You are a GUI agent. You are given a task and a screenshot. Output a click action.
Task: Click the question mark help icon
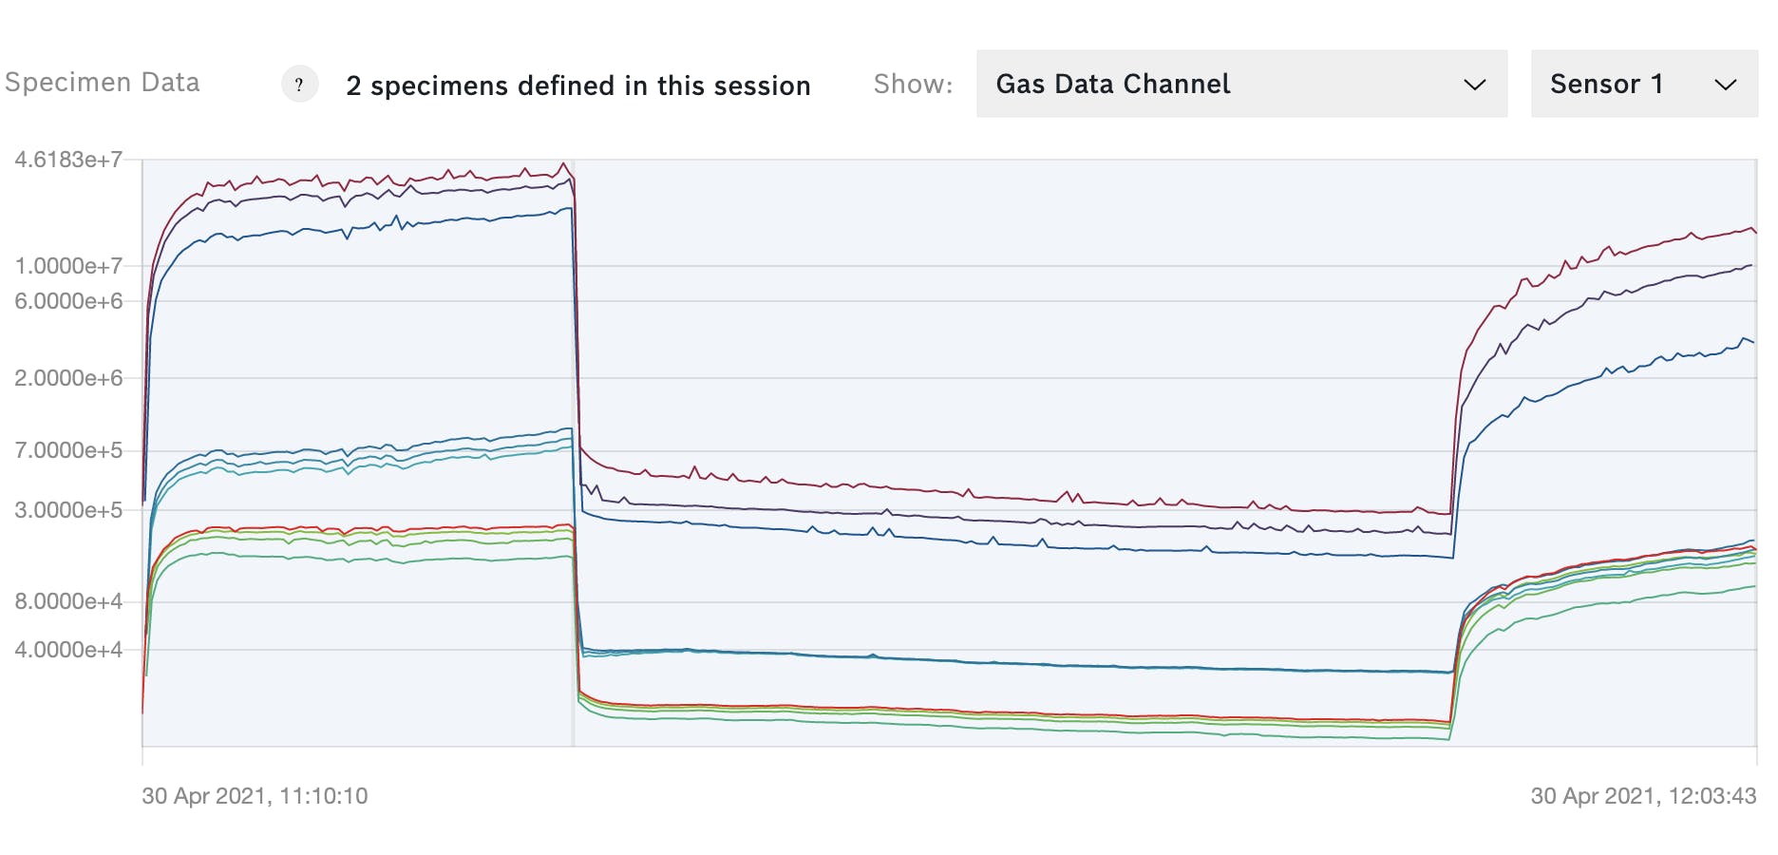pyautogui.click(x=299, y=85)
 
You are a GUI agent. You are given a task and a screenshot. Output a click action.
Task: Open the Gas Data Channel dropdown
pyautogui.click(x=1240, y=84)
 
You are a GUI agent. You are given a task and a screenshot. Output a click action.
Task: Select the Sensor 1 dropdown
pyautogui.click(x=1643, y=84)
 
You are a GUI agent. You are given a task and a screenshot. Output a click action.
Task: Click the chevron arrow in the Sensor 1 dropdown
pyautogui.click(x=1725, y=85)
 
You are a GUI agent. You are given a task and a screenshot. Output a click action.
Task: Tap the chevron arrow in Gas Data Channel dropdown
pyautogui.click(x=1474, y=85)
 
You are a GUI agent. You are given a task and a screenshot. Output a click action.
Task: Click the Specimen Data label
pyautogui.click(x=103, y=83)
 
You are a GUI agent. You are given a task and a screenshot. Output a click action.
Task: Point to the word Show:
pyautogui.click(x=913, y=85)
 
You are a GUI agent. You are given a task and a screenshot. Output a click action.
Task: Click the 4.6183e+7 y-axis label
pyautogui.click(x=68, y=160)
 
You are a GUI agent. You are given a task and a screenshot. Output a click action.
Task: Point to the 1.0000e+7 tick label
pyautogui.click(x=68, y=266)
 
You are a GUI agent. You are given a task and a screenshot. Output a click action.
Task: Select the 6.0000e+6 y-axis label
pyautogui.click(x=68, y=301)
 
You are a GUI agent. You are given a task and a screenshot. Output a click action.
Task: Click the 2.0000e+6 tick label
pyautogui.click(x=68, y=378)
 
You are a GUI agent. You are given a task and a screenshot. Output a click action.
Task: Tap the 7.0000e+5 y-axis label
pyautogui.click(x=68, y=450)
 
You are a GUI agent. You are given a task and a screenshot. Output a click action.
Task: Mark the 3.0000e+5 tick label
pyautogui.click(x=68, y=510)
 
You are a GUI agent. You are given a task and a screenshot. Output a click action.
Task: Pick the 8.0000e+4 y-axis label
pyautogui.click(x=68, y=601)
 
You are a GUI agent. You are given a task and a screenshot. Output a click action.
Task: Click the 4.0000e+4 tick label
pyautogui.click(x=68, y=650)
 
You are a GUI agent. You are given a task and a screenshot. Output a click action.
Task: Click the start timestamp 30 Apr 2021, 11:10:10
pyautogui.click(x=255, y=796)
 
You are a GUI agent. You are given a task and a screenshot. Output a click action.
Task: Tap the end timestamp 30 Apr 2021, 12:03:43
pyautogui.click(x=1643, y=796)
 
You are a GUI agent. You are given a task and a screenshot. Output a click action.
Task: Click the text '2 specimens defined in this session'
pyautogui.click(x=577, y=85)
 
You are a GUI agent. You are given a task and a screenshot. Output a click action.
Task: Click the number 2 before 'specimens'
pyautogui.click(x=353, y=85)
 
